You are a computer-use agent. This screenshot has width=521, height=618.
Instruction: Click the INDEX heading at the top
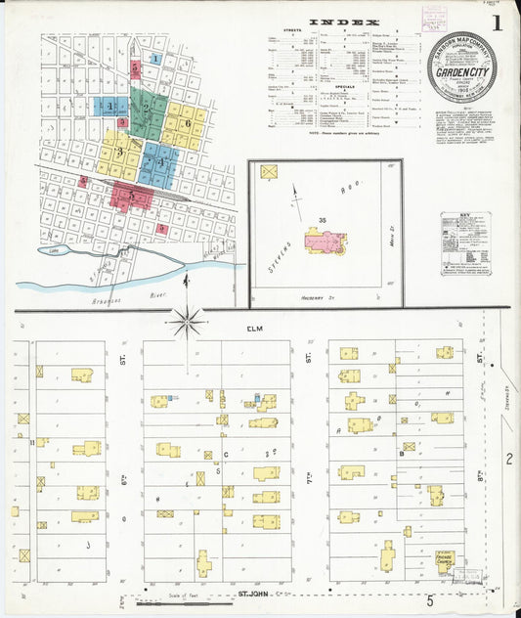click(x=338, y=21)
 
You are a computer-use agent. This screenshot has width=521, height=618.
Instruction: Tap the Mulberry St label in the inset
click(x=318, y=293)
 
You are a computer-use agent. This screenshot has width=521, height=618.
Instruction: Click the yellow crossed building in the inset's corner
click(x=271, y=172)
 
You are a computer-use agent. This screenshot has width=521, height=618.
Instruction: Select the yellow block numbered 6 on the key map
click(x=186, y=124)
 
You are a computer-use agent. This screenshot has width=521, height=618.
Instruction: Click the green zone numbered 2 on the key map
click(x=148, y=108)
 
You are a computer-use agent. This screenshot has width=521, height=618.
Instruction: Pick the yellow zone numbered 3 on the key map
click(x=119, y=152)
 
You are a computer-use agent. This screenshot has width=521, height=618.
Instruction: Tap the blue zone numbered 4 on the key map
click(x=158, y=163)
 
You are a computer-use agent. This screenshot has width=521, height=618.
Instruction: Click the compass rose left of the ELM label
click(x=186, y=320)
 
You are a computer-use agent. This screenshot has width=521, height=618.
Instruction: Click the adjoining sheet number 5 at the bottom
click(x=428, y=600)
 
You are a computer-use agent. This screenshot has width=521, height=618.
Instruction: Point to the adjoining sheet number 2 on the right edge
click(x=508, y=458)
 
